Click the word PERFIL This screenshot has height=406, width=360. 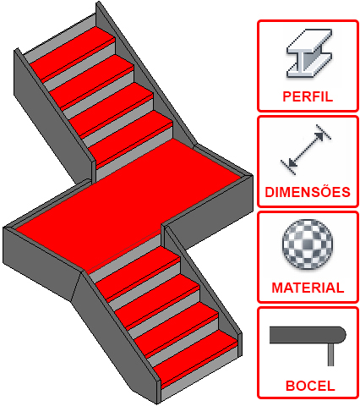point(308,96)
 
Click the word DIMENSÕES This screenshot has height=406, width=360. point(308,192)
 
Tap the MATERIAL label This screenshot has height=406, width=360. point(308,288)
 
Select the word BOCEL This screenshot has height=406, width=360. point(310,386)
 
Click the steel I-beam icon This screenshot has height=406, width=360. point(309,53)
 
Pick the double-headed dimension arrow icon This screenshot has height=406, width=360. point(306,150)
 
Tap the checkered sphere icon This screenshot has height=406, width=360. point(308,244)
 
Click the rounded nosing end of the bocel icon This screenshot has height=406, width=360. point(342,335)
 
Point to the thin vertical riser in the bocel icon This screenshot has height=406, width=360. point(331,354)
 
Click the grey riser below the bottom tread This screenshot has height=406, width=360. point(199,374)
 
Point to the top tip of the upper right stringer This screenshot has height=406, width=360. point(98,2)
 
